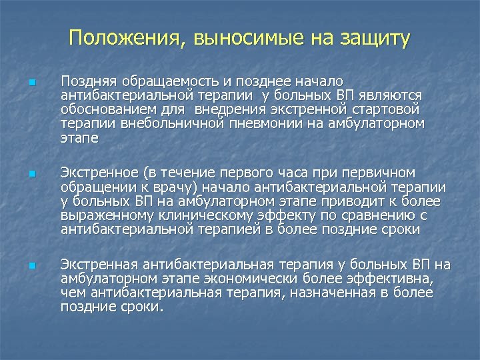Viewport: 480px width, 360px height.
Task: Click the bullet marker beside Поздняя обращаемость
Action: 31,84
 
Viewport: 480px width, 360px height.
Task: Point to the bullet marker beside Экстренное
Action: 31,175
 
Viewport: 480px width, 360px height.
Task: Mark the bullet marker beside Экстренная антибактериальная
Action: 31,267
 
